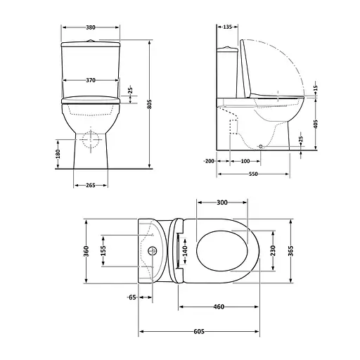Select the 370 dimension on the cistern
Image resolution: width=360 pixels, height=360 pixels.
tap(91, 81)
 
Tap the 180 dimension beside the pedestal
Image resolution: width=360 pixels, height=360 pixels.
tap(58, 153)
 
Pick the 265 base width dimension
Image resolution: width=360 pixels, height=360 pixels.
tap(91, 186)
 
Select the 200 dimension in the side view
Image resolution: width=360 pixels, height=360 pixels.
tap(209, 161)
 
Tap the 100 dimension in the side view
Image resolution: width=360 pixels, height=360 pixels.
tap(244, 161)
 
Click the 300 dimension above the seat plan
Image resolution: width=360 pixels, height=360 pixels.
tap(222, 202)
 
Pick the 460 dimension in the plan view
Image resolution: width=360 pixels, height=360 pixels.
tap(219, 307)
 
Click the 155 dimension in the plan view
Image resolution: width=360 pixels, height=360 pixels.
tap(103, 250)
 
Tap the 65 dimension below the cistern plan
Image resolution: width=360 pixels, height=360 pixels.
tap(131, 297)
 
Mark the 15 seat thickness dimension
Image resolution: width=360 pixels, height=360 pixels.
tap(316, 86)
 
